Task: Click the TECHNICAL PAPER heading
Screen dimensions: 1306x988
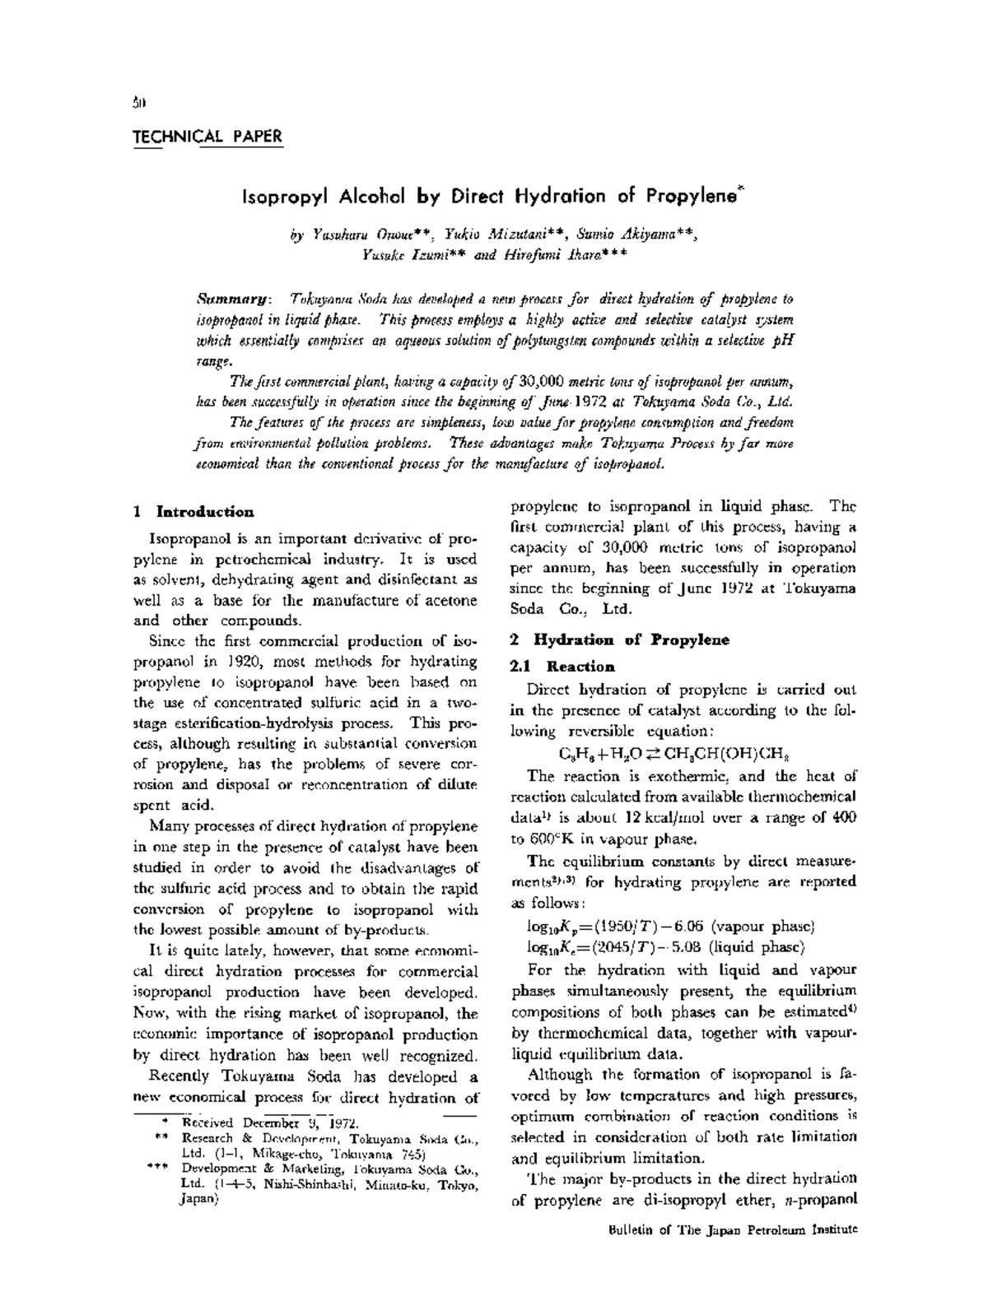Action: tap(207, 137)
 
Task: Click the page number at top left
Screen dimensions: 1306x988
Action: tap(139, 103)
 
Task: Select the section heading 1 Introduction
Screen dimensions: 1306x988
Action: tap(193, 512)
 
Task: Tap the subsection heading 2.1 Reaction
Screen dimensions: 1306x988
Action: tap(563, 667)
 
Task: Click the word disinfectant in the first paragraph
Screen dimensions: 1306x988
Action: tap(398, 579)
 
